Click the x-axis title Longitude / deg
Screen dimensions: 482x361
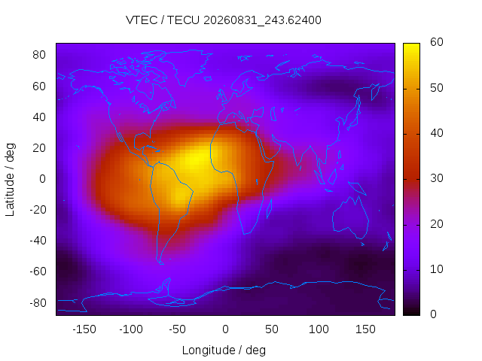(224, 350)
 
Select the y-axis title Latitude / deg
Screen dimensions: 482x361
(10, 180)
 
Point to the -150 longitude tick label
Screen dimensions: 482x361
(84, 329)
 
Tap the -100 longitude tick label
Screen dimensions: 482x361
(131, 329)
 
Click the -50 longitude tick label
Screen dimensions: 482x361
(178, 329)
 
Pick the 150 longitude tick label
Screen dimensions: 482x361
(365, 329)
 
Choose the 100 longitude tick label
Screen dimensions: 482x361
(319, 329)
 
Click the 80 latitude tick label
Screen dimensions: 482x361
(39, 55)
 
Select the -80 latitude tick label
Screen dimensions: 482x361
(38, 303)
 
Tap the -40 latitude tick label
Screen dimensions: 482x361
(38, 241)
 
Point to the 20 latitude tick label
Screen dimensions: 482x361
(39, 148)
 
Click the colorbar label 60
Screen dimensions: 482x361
(437, 42)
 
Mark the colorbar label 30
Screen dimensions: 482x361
(437, 178)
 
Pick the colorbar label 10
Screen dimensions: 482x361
(437, 269)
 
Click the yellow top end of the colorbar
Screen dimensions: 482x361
(411, 45)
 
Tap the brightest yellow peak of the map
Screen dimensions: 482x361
(195, 159)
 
